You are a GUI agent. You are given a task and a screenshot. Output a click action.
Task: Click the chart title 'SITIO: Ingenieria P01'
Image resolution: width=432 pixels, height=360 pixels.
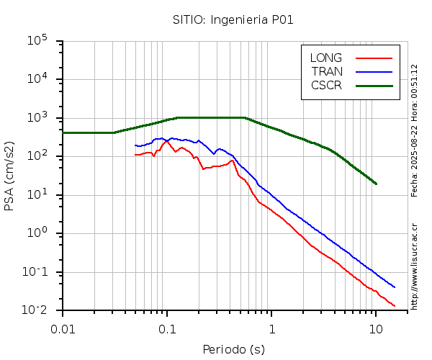(x=233, y=19)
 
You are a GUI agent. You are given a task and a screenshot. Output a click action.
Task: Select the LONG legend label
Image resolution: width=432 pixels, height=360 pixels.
(x=326, y=58)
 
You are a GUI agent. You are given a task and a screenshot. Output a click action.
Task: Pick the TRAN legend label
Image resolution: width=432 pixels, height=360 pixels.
(x=327, y=71)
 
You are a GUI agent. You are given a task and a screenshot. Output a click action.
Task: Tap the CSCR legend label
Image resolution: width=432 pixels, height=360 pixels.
(x=326, y=85)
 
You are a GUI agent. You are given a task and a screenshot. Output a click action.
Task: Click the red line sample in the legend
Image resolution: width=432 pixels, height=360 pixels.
(x=374, y=58)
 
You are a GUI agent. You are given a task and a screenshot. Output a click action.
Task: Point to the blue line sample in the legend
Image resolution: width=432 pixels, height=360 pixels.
(x=374, y=71)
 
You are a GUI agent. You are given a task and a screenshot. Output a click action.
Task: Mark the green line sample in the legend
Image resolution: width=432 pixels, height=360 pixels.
(x=374, y=85)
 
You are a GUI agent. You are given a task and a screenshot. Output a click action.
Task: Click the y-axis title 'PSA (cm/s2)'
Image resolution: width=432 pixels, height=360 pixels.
(x=10, y=175)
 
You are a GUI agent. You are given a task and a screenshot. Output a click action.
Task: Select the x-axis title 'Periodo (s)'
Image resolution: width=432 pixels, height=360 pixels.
(x=233, y=350)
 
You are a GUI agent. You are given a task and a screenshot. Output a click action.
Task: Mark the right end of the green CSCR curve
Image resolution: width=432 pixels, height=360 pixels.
(x=376, y=184)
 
